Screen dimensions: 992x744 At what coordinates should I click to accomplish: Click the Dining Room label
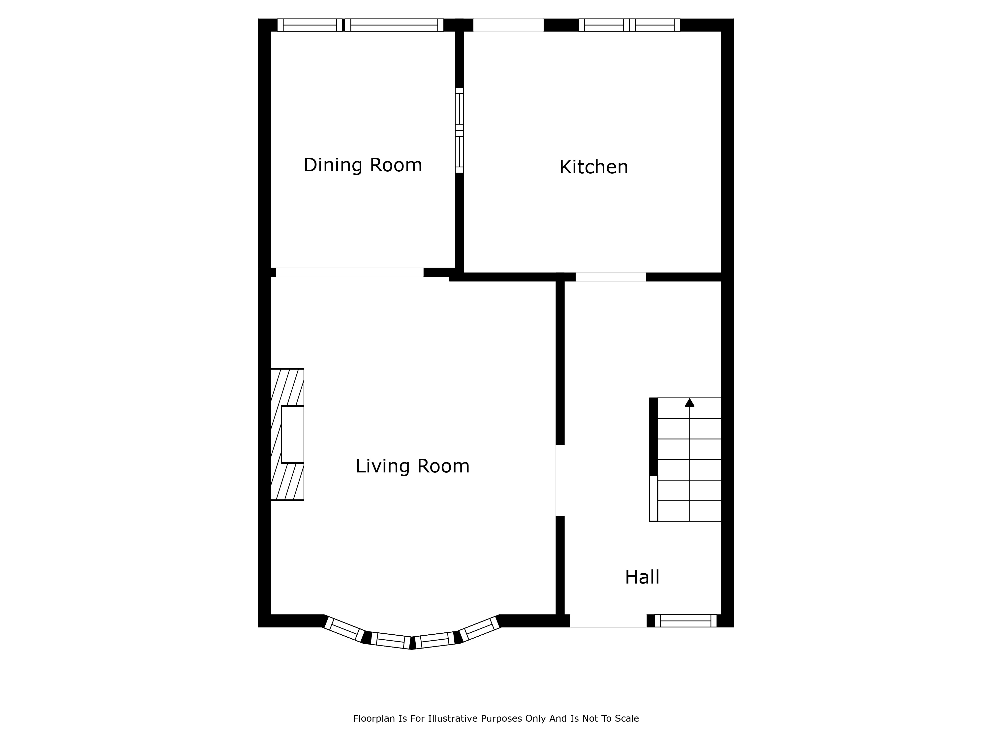coord(363,165)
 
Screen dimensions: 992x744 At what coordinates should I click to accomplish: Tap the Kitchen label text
coord(594,167)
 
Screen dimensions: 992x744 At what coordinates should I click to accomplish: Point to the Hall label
coord(642,577)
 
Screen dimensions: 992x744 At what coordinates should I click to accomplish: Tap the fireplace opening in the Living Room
coord(292,434)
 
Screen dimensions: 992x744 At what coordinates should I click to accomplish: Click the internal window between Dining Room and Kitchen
coord(459,130)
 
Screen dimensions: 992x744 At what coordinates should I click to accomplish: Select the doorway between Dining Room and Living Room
coord(349,272)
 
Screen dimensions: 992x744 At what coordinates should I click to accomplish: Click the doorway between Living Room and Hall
coord(560,480)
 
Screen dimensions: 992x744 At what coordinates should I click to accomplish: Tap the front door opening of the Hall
coord(608,621)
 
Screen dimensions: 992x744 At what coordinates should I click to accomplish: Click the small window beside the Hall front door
coord(686,621)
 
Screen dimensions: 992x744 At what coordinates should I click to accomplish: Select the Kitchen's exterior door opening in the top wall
coord(509,25)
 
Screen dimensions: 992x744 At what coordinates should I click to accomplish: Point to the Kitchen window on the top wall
coord(629,25)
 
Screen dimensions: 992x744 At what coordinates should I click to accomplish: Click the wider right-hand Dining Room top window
coord(394,25)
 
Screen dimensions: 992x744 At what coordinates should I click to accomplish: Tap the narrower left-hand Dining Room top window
coord(310,25)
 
